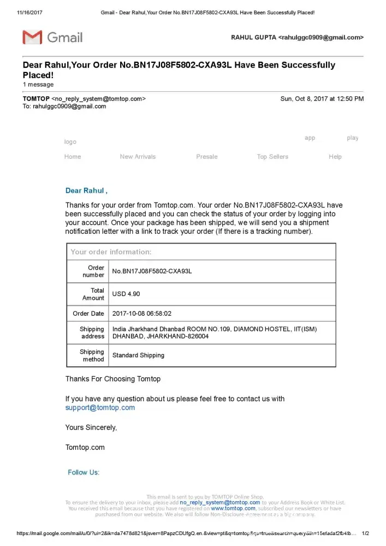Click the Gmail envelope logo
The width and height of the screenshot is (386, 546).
(x=32, y=38)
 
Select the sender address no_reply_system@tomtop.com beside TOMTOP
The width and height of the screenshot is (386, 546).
(x=99, y=99)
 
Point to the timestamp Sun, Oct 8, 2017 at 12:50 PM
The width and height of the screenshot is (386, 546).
(x=322, y=99)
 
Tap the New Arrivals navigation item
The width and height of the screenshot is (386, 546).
(x=138, y=157)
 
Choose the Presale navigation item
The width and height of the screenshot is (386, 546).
(x=207, y=157)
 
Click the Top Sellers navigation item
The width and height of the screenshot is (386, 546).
(x=272, y=157)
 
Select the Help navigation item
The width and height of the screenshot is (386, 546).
(x=335, y=157)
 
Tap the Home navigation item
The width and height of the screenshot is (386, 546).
(x=73, y=157)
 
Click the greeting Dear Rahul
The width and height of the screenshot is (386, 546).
(x=86, y=191)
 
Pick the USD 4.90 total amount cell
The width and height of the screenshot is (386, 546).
(x=126, y=294)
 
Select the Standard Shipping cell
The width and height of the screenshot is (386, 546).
(x=138, y=355)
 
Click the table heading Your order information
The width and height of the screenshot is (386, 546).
(x=111, y=252)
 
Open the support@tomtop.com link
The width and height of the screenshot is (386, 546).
(x=100, y=408)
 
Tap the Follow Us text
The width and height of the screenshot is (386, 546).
(x=84, y=472)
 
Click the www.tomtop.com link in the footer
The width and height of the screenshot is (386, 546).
(x=233, y=508)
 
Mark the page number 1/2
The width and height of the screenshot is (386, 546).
(x=366, y=533)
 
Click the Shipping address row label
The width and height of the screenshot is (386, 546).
(x=92, y=333)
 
